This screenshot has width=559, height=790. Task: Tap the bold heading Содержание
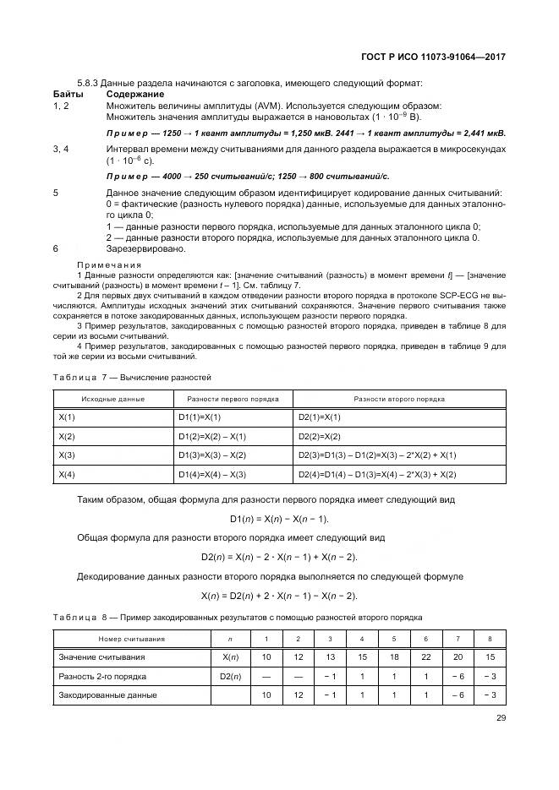click(x=134, y=94)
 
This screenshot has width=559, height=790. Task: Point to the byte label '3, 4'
click(x=61, y=149)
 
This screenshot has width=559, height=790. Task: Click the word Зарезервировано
click(x=146, y=249)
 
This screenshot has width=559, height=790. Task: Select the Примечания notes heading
click(x=110, y=264)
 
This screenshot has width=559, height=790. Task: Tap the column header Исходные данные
click(x=112, y=398)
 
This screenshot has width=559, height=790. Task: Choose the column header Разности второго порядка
click(x=399, y=398)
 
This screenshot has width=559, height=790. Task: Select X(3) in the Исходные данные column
click(x=67, y=455)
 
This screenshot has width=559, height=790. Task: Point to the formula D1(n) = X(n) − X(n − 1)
click(x=279, y=518)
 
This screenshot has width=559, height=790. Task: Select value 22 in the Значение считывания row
click(x=426, y=657)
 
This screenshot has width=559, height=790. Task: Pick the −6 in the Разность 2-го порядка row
click(x=458, y=676)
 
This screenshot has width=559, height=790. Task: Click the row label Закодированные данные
click(x=107, y=695)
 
